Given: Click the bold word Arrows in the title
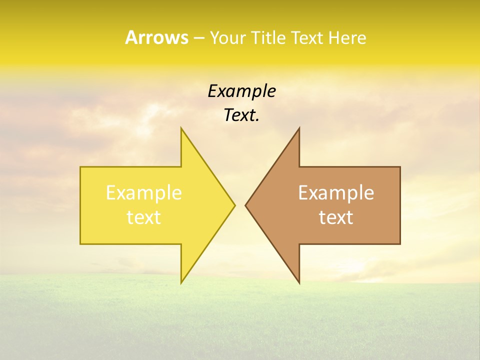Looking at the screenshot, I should click(156, 37).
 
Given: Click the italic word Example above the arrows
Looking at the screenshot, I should click(241, 91).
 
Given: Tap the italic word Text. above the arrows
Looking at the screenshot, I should click(241, 115).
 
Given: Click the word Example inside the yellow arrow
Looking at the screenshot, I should click(144, 193).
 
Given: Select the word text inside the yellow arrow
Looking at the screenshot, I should click(144, 217).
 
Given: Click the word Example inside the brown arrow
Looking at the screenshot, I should click(336, 193).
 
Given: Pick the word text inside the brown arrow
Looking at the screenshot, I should click(336, 217).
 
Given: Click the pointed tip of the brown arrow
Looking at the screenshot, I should click(246, 205).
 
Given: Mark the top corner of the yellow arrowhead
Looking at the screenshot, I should click(181, 128).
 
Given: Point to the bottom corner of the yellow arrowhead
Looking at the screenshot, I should click(181, 282).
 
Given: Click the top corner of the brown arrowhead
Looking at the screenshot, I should click(299, 128).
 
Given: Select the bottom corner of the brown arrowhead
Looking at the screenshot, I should click(299, 282).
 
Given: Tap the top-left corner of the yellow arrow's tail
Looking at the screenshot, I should click(81, 167).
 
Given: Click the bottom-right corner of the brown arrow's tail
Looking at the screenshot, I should click(399, 243).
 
